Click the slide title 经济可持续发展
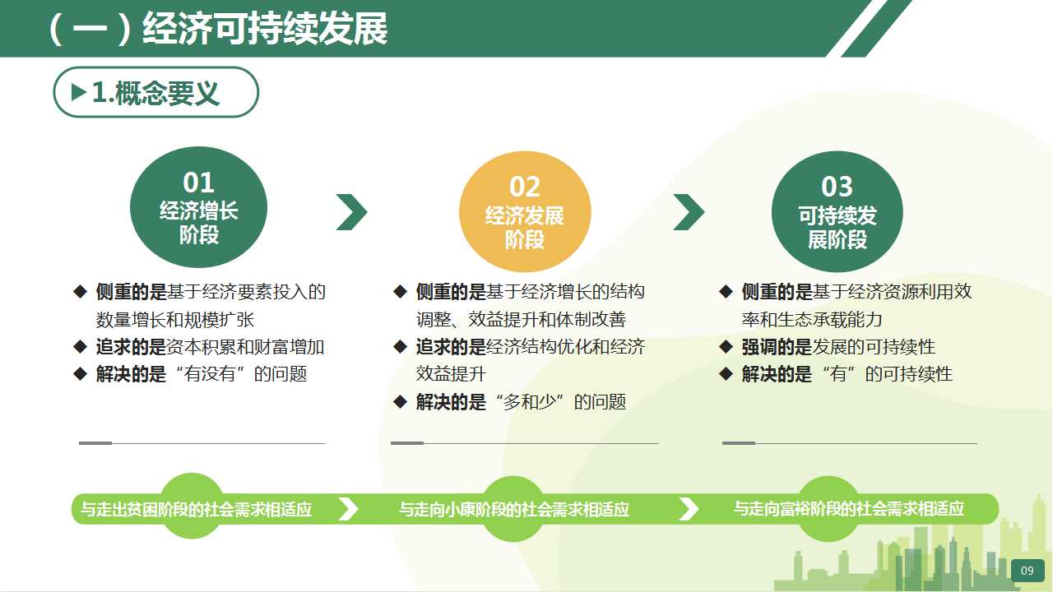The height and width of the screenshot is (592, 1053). [265, 29]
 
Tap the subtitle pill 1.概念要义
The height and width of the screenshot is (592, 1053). [155, 92]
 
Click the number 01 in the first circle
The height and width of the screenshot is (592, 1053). [198, 183]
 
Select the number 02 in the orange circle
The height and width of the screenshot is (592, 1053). [525, 187]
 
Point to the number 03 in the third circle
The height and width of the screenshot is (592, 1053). [837, 187]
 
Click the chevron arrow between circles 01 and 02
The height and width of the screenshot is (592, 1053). [351, 212]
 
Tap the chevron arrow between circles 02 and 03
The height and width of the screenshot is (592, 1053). [689, 212]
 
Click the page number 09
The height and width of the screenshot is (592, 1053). [1027, 571]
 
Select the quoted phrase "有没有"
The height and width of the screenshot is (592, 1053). [210, 374]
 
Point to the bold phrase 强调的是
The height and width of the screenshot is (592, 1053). [777, 347]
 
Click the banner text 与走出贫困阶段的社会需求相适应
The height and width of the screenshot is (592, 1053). [196, 509]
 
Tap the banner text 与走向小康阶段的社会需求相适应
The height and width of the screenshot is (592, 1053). [514, 509]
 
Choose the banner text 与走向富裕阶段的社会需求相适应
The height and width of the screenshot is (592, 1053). [849, 509]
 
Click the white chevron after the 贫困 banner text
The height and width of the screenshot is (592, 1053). [348, 509]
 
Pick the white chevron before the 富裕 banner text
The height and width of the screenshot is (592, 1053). [689, 509]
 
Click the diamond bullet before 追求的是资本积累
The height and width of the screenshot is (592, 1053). [81, 347]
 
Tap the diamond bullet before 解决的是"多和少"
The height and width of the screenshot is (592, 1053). [400, 402]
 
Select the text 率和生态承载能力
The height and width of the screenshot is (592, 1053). [812, 320]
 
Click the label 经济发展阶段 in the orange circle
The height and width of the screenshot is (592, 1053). [525, 228]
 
